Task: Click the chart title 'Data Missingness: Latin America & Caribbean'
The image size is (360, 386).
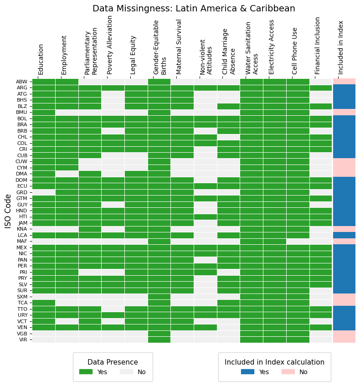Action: point(194,9)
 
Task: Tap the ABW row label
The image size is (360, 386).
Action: point(22,82)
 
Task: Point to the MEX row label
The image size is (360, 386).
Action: point(22,247)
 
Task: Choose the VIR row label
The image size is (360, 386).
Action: point(22,340)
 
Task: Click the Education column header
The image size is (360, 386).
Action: point(41,59)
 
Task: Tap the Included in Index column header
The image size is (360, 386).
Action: point(341,47)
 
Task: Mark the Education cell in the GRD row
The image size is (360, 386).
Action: point(44,192)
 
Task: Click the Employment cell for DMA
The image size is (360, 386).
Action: point(67,174)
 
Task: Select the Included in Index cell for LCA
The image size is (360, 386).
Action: point(344,235)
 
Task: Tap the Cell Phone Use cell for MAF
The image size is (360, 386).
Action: point(298,241)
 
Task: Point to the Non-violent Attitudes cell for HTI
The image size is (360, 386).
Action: point(206,216)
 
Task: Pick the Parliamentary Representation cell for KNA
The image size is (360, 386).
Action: point(90,229)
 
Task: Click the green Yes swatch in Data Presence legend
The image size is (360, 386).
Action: point(86,372)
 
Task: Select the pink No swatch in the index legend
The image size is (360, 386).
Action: point(288,372)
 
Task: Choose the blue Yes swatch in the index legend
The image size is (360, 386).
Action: point(247,372)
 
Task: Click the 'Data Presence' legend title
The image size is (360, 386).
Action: point(113,362)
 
